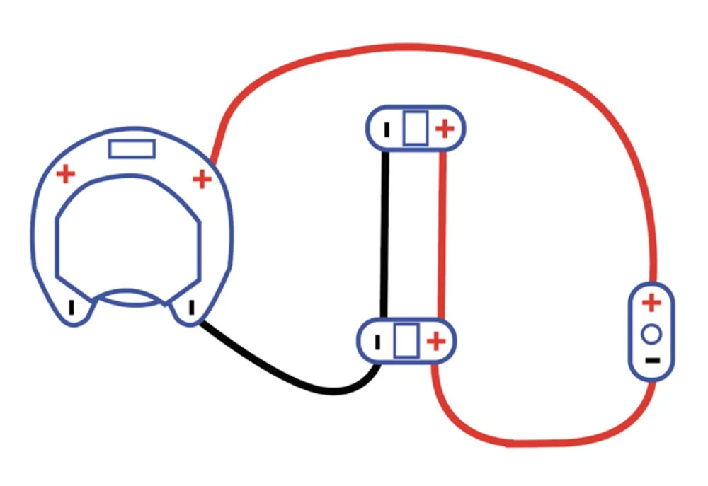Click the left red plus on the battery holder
tap(65, 173)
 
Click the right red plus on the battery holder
tap(202, 179)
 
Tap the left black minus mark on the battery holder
tap(71, 308)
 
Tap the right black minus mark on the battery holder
tap(190, 308)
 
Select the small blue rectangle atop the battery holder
tap(132, 149)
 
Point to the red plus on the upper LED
tap(444, 129)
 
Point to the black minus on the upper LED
tap(387, 130)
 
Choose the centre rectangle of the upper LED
tap(415, 129)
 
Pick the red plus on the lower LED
tap(436, 341)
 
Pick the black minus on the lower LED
tap(377, 342)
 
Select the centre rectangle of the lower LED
tap(406, 340)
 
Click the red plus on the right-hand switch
tap(651, 303)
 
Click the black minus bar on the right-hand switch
tap(652, 360)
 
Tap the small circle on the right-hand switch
tap(652, 332)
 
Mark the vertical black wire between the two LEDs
tap(385, 233)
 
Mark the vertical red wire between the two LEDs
tap(443, 233)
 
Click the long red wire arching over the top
tap(425, 48)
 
